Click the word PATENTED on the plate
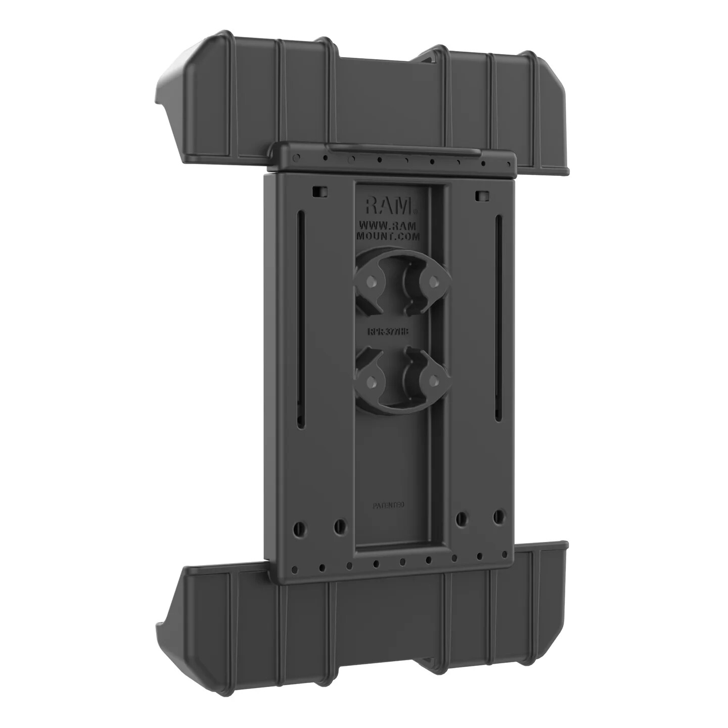click(x=389, y=505)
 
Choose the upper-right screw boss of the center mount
click(x=432, y=280)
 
